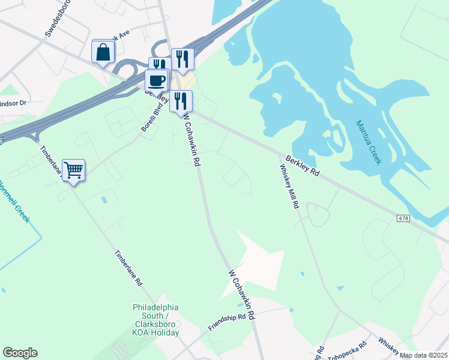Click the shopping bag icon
pos(103,52)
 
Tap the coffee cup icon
pos(157,80)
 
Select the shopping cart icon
pos(73,170)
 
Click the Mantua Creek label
pos(368,143)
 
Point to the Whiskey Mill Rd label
pos(288,187)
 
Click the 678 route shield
pos(403,218)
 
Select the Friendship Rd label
pos(228,322)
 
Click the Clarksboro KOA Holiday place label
pos(156,320)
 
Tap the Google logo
pos(20,353)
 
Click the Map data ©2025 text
pos(423,355)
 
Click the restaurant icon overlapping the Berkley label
pos(181,101)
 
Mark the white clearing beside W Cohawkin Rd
pos(255,264)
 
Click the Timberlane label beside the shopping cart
pos(50,160)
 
